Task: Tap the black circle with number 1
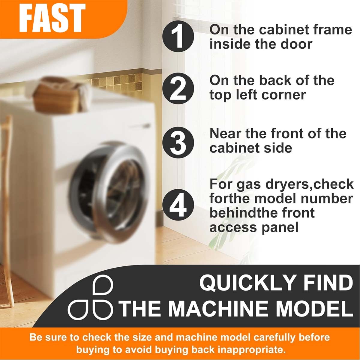178,36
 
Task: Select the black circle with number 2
178,88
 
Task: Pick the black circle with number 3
178,142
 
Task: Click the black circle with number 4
178,205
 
